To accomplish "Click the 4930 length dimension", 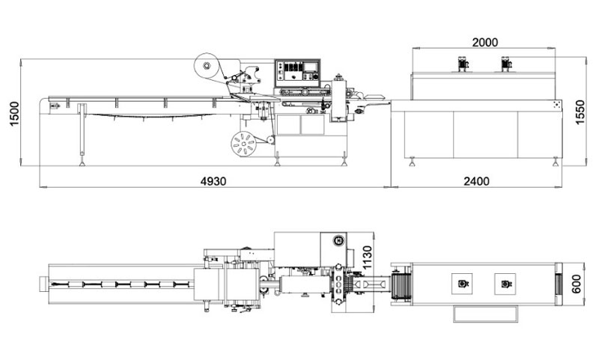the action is pos(213,181).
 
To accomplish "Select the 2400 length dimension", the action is pos(476,181).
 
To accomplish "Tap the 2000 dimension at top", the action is pos(485,43).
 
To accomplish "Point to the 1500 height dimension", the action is pos(14,114).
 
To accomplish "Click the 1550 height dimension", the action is pos(580,112).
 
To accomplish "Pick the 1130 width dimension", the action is pos(366,257).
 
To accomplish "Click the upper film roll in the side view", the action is pos(207,66).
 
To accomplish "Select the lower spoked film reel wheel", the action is pos(243,144).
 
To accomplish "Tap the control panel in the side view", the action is pos(297,73).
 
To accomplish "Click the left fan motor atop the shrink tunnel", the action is pos(463,64).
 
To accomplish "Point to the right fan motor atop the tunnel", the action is pos(506,64).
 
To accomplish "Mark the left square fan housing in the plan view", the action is pos(462,284).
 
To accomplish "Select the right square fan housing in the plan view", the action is pos(505,284).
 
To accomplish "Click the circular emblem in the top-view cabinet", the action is pos(338,240).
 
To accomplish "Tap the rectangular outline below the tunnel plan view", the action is pos(485,314).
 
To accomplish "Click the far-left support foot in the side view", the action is pos(82,163).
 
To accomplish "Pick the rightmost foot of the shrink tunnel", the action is pos(555,162).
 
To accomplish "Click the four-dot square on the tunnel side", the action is pos(556,106).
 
